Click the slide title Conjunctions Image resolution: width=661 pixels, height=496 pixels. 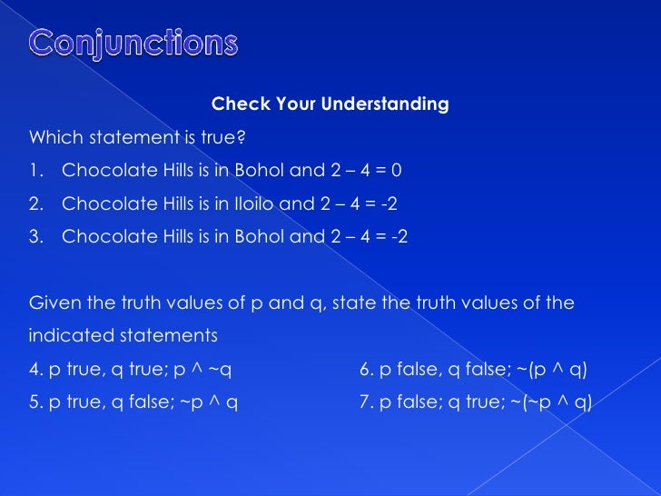pyautogui.click(x=133, y=43)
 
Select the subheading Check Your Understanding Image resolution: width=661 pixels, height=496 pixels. pyautogui.click(x=330, y=104)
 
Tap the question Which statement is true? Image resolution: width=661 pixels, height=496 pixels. pyautogui.click(x=137, y=138)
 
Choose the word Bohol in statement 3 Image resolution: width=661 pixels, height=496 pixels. pyautogui.click(x=252, y=237)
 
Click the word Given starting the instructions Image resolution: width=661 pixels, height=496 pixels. pyautogui.click(x=53, y=303)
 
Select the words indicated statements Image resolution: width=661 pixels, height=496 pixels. pyautogui.click(x=123, y=335)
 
